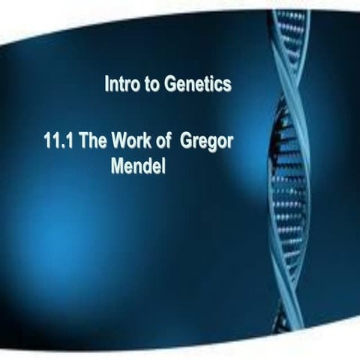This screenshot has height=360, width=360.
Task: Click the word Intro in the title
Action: click(121, 85)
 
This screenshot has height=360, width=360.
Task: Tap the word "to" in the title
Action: click(151, 85)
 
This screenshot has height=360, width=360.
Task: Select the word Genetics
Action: click(197, 85)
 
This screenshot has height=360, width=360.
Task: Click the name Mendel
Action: click(137, 165)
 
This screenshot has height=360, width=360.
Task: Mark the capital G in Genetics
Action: click(170, 85)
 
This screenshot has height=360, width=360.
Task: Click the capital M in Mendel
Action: click(117, 165)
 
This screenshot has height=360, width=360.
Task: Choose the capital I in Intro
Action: click(107, 85)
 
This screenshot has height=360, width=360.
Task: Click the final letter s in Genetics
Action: click(227, 85)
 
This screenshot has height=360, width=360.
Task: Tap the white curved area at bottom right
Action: click(330, 330)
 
